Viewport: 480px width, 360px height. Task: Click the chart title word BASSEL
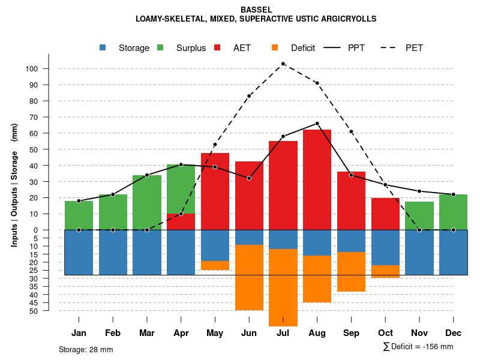(256, 10)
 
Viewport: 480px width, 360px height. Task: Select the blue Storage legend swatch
(103, 48)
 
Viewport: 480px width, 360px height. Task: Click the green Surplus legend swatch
(160, 48)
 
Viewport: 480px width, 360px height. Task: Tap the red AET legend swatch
(217, 48)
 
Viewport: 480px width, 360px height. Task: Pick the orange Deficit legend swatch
(275, 48)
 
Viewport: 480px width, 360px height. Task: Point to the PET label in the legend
(414, 48)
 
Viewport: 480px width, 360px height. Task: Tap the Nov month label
(419, 333)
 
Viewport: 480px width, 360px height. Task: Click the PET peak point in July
(283, 64)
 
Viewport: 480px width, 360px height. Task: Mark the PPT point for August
(317, 124)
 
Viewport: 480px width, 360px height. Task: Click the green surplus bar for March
(147, 202)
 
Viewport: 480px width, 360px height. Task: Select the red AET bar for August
(317, 179)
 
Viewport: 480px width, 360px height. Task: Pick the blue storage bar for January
(79, 252)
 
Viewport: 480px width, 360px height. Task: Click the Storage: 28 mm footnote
(86, 349)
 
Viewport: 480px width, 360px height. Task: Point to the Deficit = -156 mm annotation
(418, 347)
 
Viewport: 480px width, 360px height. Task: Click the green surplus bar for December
(454, 212)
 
